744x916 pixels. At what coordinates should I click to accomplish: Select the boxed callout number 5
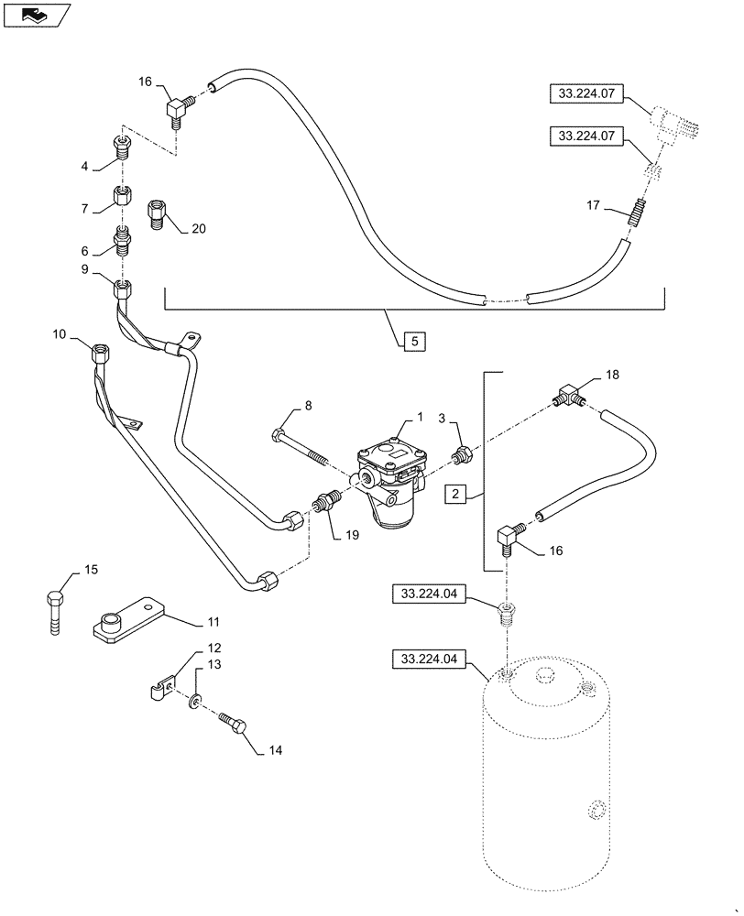click(x=414, y=341)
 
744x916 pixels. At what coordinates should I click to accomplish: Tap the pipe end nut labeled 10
click(x=100, y=349)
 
